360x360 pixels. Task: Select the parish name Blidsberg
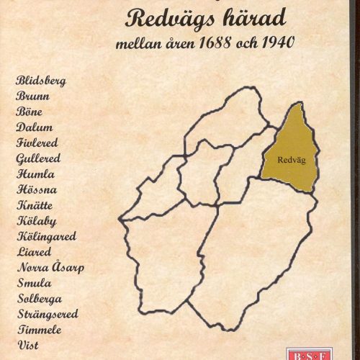pyautogui.click(x=40, y=80)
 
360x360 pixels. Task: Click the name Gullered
pyautogui.click(x=37, y=158)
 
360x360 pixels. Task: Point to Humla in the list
pyautogui.click(x=34, y=174)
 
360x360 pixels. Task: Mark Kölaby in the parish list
pyautogui.click(x=35, y=220)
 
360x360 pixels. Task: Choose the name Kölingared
pyautogui.click(x=45, y=236)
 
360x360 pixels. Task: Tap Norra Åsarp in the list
pyautogui.click(x=50, y=268)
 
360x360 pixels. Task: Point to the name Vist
pyautogui.click(x=27, y=346)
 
